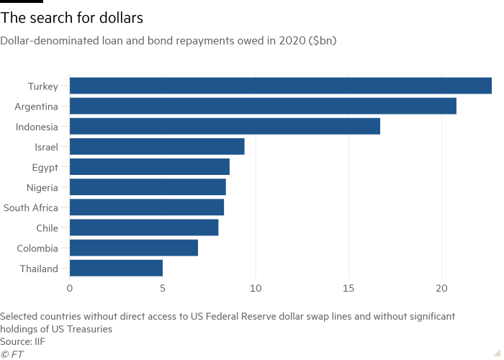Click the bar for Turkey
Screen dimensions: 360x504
coord(281,86)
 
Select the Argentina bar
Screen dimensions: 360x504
coord(263,106)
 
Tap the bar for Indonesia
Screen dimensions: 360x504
coord(225,126)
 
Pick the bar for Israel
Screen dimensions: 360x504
coord(157,146)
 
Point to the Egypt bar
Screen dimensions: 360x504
coord(150,167)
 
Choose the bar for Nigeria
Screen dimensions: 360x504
coord(148,187)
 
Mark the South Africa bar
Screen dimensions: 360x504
coord(147,207)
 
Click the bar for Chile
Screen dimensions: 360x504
coord(144,228)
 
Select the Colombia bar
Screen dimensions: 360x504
coord(134,248)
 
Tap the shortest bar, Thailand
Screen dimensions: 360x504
coord(116,269)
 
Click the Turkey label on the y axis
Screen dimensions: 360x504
coord(42,86)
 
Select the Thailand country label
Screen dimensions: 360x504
coord(38,269)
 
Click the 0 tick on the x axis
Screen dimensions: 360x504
coord(70,288)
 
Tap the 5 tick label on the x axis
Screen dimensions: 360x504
coord(163,288)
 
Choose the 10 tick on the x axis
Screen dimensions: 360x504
coord(256,288)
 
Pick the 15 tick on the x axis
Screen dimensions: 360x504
coord(348,288)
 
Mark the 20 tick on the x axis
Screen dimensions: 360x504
coord(441,288)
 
